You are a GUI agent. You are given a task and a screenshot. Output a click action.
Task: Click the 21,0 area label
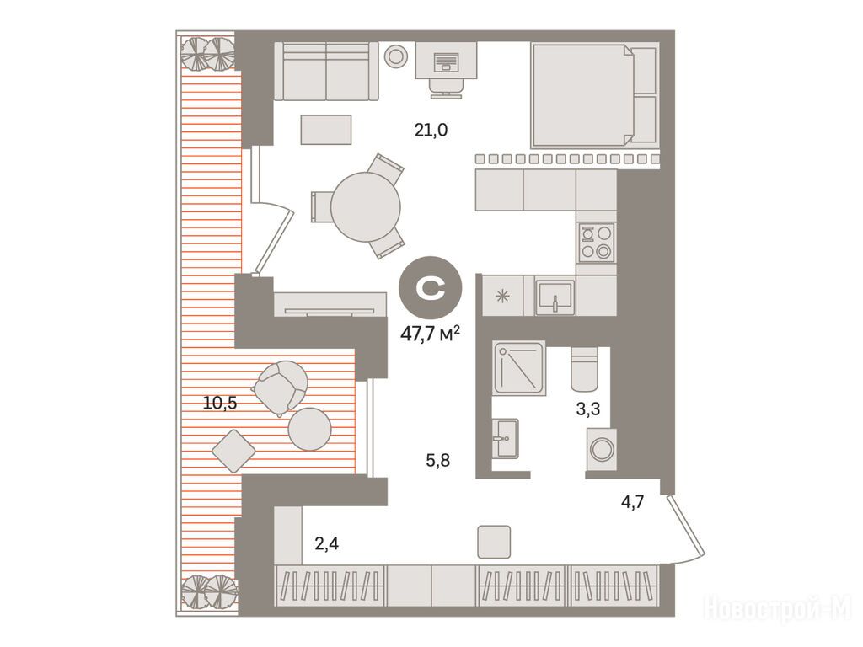[431, 131]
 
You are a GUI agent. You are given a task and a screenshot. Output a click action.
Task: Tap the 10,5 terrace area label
[220, 404]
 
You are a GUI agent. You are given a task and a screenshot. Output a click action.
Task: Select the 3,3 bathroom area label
[587, 409]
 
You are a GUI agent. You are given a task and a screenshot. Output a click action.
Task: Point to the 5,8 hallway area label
[438, 460]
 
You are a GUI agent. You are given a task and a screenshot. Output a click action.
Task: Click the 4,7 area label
[632, 502]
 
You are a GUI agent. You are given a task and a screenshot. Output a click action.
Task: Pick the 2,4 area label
[326, 544]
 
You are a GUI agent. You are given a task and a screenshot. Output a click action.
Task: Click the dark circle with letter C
[431, 288]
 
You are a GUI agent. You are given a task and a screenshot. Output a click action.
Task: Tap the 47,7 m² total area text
[431, 334]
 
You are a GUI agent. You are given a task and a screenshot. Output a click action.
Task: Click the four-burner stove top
[597, 242]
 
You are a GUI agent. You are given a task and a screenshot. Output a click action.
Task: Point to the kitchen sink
[555, 297]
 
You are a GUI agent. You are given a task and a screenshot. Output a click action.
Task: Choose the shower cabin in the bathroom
[519, 368]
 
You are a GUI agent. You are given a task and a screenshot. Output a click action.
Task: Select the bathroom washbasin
[505, 438]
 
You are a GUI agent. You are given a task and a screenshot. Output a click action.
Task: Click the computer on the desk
[445, 61]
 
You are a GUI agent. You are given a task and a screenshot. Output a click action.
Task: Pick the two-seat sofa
[326, 72]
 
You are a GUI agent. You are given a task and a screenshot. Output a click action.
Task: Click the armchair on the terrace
[281, 386]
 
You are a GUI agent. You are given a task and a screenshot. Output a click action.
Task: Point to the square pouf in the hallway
[494, 542]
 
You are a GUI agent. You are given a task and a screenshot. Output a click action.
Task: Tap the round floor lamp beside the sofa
[396, 56]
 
